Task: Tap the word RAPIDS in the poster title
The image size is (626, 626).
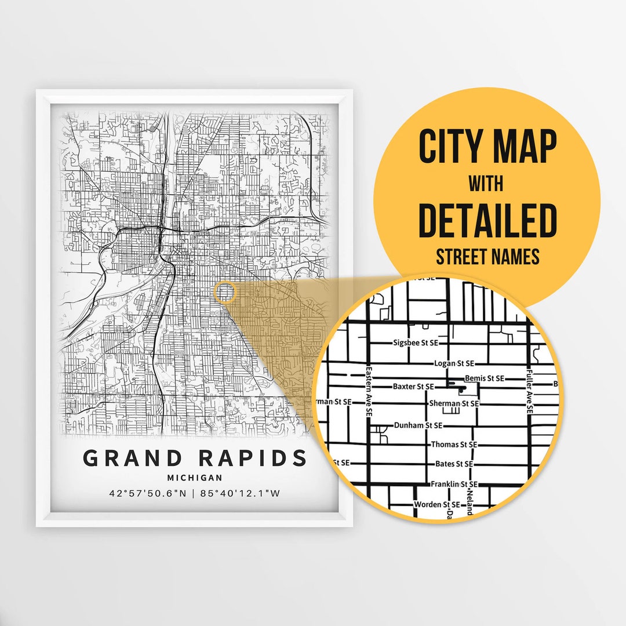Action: [x=253, y=458]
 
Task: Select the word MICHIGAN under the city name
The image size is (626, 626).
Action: [x=194, y=478]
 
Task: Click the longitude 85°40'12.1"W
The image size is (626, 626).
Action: [x=240, y=494]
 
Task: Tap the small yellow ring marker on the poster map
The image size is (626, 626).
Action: [x=224, y=293]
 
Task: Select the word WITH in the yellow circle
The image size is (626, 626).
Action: [x=486, y=185]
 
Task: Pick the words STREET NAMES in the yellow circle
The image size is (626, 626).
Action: [x=487, y=257]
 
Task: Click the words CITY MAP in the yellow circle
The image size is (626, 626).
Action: [x=487, y=147]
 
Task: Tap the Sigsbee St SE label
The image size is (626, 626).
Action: [x=416, y=343]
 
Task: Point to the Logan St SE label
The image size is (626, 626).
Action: [x=454, y=363]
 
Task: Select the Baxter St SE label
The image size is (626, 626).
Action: [x=413, y=386]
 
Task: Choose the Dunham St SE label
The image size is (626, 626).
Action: [x=418, y=425]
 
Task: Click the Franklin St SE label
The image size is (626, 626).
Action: [x=454, y=484]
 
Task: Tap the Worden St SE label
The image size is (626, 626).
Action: [x=436, y=505]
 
